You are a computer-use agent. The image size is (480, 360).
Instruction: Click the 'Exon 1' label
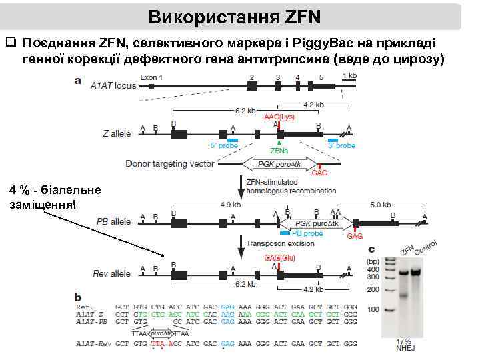point(151,77)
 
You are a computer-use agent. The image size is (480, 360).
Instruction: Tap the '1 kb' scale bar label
point(349,77)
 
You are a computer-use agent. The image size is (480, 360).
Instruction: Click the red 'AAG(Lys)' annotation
point(280,116)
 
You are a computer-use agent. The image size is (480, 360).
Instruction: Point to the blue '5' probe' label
point(224,145)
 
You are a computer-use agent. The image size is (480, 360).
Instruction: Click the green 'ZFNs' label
point(279,151)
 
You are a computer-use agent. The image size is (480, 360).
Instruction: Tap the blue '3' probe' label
point(341,145)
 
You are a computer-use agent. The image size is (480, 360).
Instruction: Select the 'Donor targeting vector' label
point(170,163)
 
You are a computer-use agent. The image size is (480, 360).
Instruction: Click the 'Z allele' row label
point(117,133)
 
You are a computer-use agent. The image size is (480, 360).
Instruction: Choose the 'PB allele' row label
point(114,221)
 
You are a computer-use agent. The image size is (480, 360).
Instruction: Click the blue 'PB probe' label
point(307,234)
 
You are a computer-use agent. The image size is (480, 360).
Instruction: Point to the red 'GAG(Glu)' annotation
point(280,257)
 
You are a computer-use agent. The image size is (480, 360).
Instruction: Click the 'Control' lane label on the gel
point(426,250)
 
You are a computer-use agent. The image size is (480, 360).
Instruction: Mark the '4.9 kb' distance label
point(230,205)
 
